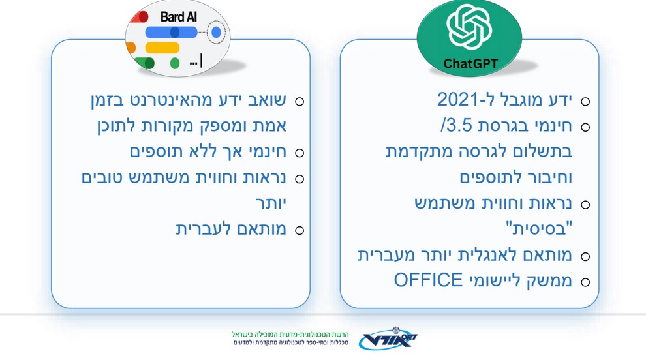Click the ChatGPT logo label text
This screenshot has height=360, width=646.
[x=470, y=63]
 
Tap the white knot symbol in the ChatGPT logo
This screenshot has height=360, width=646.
[x=469, y=27]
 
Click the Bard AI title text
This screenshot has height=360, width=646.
[x=178, y=17]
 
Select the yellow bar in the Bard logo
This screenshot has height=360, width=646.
[x=162, y=48]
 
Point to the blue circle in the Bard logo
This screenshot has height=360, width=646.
[x=216, y=32]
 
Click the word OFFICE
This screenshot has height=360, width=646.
[x=429, y=280]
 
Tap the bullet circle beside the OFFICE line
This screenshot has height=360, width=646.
[x=585, y=282]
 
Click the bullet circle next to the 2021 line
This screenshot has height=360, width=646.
[x=585, y=101]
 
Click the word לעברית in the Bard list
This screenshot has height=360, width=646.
[x=197, y=229]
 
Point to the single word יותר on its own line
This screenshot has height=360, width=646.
[x=271, y=203]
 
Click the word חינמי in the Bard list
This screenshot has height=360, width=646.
[x=267, y=151]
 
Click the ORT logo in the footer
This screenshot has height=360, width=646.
[x=388, y=339]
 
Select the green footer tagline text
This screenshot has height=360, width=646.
[x=290, y=334]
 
